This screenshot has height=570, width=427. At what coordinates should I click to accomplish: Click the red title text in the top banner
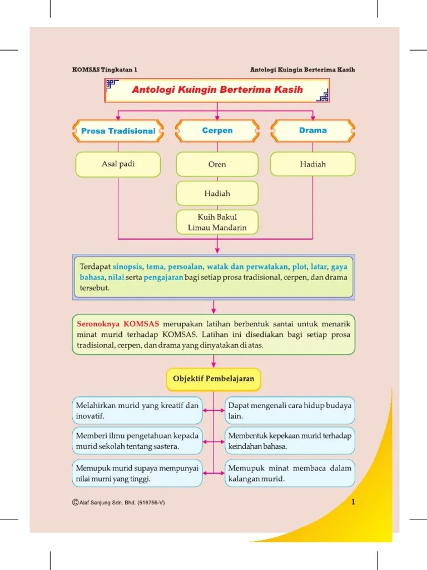pyautogui.click(x=217, y=90)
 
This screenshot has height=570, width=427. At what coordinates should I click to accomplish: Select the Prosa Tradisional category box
pyautogui.click(x=118, y=131)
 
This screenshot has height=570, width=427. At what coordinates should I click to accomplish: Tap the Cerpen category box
pyautogui.click(x=217, y=131)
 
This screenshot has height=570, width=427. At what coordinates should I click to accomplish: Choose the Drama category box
pyautogui.click(x=312, y=131)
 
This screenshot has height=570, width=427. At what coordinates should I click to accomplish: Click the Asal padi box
pyautogui.click(x=118, y=164)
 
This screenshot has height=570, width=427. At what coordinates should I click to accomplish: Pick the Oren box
pyautogui.click(x=217, y=165)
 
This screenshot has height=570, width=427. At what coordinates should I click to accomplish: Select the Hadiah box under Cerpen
pyautogui.click(x=217, y=194)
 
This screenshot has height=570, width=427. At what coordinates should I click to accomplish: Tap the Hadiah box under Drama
pyautogui.click(x=312, y=164)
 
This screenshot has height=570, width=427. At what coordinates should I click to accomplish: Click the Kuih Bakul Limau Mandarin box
pyautogui.click(x=217, y=222)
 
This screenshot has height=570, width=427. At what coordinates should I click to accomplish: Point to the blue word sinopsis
pyautogui.click(x=127, y=266)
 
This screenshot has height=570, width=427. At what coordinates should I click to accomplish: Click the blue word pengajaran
pyautogui.click(x=163, y=277)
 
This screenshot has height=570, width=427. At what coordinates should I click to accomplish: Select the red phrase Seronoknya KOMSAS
pyautogui.click(x=118, y=323)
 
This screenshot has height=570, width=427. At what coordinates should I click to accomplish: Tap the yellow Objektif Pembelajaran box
pyautogui.click(x=213, y=379)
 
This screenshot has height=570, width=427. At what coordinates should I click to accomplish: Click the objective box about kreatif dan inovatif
pyautogui.click(x=137, y=411)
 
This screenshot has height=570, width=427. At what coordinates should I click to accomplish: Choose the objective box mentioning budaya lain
pyautogui.click(x=290, y=411)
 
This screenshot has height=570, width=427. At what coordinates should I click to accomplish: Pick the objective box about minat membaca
pyautogui.click(x=290, y=473)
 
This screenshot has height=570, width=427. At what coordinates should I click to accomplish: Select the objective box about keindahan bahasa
pyautogui.click(x=290, y=441)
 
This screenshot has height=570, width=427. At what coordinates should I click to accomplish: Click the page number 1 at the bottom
pyautogui.click(x=353, y=503)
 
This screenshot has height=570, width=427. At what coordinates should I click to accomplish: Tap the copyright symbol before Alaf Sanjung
pyautogui.click(x=75, y=503)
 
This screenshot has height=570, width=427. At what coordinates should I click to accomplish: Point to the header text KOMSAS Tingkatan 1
pyautogui.click(x=105, y=70)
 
